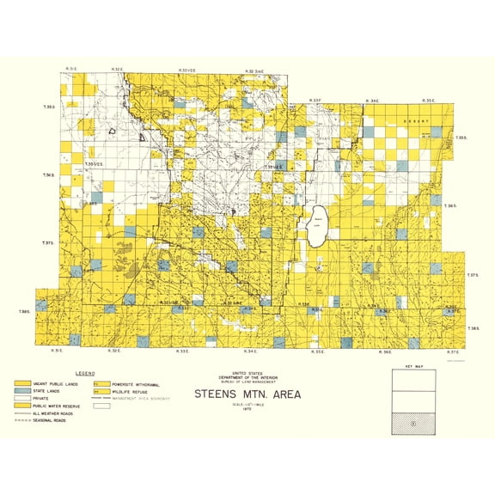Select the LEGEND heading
pos(84,373)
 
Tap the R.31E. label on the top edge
pos(72,66)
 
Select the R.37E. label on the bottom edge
pos(453,351)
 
